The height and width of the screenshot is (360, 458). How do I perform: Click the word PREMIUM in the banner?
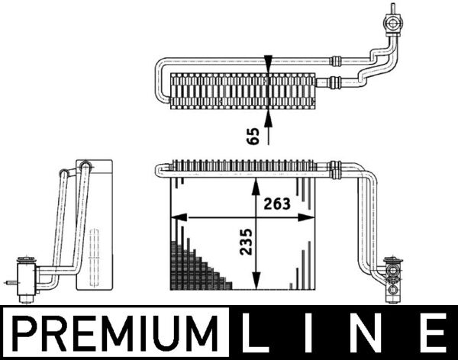point(114,333)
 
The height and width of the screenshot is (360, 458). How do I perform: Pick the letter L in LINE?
point(257,333)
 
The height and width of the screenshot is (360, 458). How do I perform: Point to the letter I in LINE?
point(311,333)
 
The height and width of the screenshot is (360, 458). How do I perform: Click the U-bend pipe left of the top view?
point(161,79)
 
